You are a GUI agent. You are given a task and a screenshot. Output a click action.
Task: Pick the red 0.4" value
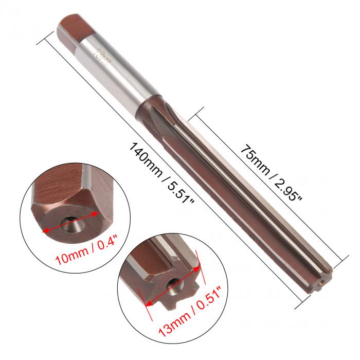click(101, 246)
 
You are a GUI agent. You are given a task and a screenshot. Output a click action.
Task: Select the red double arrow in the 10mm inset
click(70, 223)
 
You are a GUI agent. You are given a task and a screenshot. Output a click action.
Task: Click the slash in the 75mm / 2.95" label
click(273, 170)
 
